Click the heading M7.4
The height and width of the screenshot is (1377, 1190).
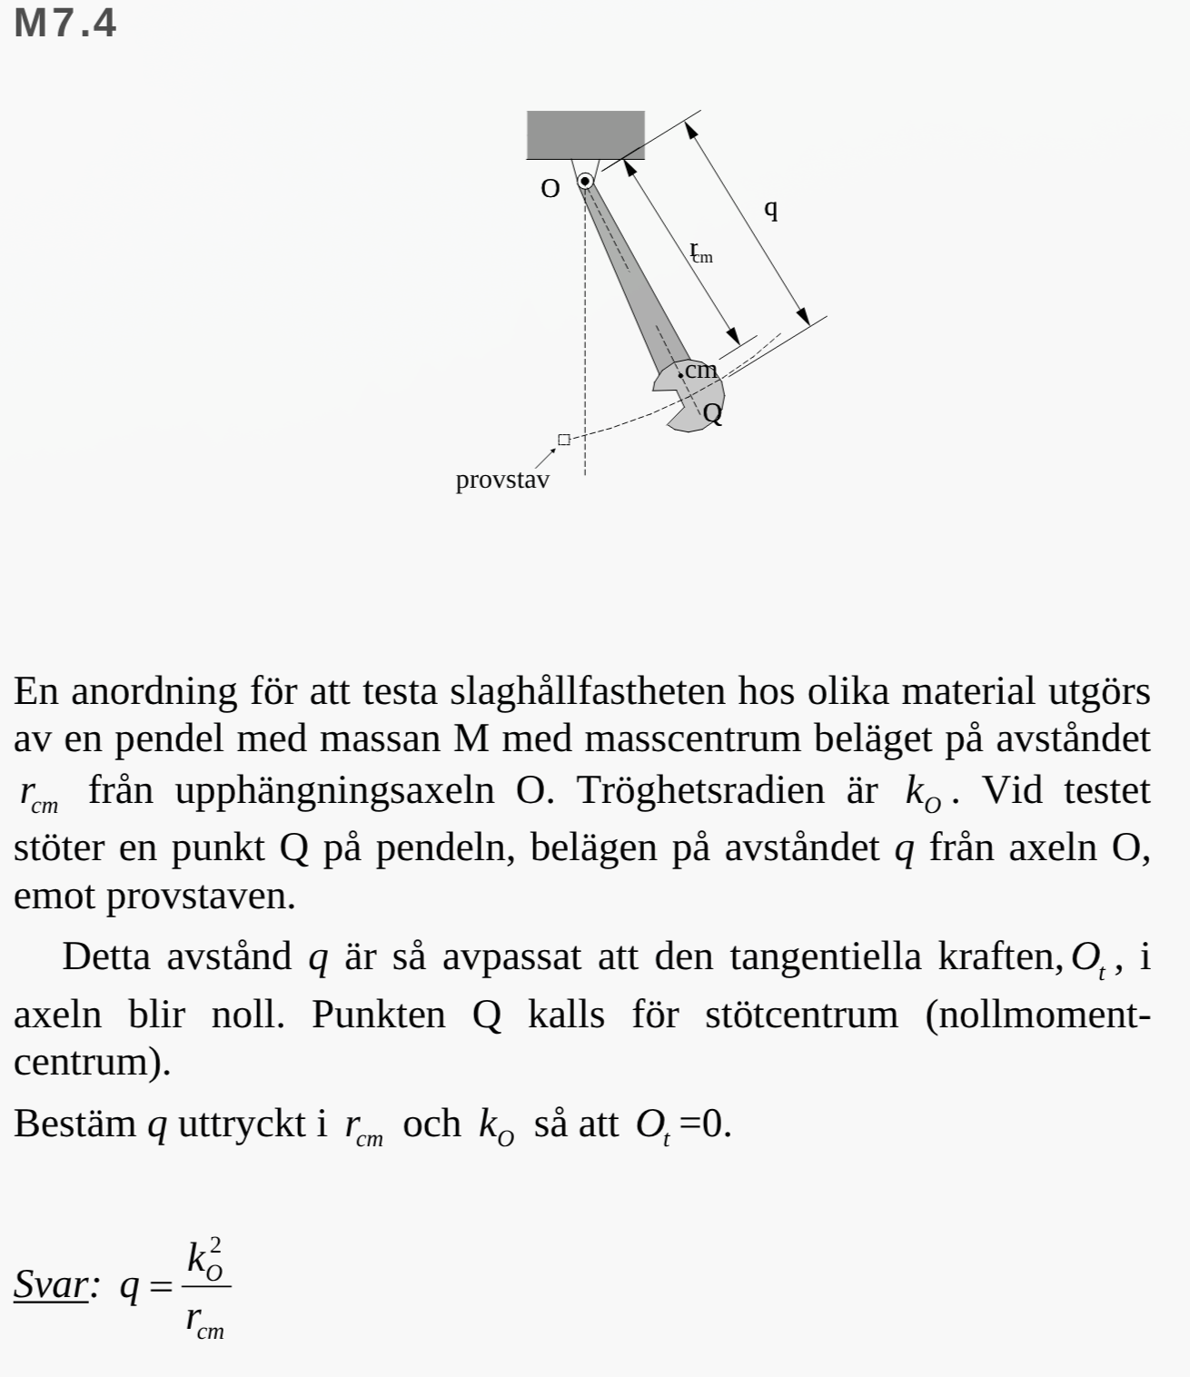pyautogui.click(x=65, y=24)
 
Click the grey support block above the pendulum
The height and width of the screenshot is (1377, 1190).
pyautogui.click(x=586, y=134)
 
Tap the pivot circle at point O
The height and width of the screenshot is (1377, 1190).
pyautogui.click(x=586, y=182)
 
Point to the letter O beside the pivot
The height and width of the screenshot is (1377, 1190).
pyautogui.click(x=550, y=189)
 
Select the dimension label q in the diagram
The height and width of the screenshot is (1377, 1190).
pyautogui.click(x=771, y=208)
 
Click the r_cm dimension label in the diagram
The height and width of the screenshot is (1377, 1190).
pyautogui.click(x=701, y=253)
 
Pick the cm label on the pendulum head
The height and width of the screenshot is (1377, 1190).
pyautogui.click(x=700, y=371)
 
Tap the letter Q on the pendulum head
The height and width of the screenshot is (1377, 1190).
pyautogui.click(x=713, y=414)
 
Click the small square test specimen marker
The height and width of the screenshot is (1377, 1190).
pyautogui.click(x=564, y=440)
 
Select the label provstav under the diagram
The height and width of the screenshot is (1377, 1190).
pyautogui.click(x=502, y=480)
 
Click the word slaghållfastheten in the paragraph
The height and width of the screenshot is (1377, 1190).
pyautogui.click(x=587, y=692)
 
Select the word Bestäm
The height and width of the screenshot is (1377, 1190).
pyautogui.click(x=74, y=1124)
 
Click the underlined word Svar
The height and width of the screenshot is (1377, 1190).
pyautogui.click(x=51, y=1284)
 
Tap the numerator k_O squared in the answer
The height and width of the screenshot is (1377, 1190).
pyautogui.click(x=205, y=1258)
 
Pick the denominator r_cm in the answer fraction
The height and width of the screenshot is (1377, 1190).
pyautogui.click(x=205, y=1319)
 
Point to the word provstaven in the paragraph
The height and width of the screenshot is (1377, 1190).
pyautogui.click(x=200, y=897)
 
